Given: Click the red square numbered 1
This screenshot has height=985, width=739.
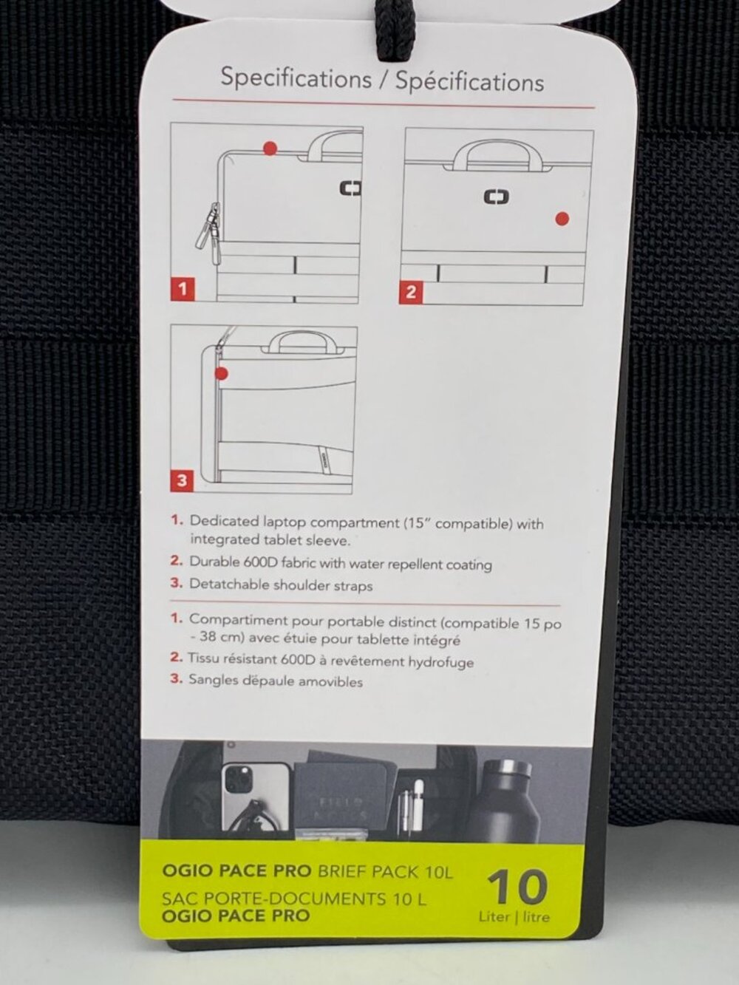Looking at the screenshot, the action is coord(183,289).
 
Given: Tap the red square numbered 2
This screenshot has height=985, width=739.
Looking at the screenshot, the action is coord(411,292).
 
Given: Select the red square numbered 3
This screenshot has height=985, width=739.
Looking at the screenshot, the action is coord(182,480).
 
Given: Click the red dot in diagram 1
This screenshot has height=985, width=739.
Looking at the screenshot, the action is coord(270,148).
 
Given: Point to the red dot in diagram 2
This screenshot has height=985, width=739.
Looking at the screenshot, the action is coord(562,219).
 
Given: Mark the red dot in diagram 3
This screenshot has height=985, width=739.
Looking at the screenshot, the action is coord(221,373).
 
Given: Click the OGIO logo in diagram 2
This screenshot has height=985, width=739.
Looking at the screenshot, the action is coord(497,197).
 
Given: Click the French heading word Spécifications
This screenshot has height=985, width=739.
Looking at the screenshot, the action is coord(470,82).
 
